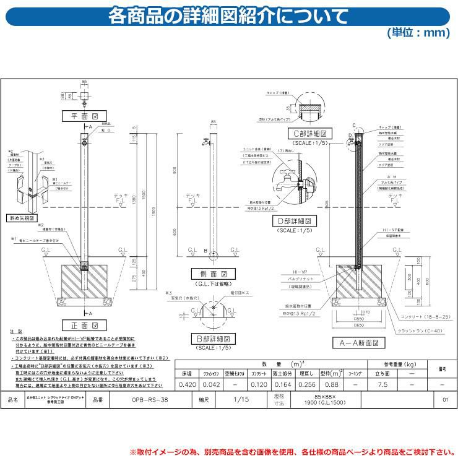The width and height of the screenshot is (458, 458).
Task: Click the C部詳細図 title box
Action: (309, 133)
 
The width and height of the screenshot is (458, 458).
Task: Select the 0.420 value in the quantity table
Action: (187, 384)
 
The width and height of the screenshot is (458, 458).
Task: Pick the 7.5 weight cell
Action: (382, 384)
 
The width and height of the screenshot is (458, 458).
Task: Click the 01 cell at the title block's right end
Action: (445, 400)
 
